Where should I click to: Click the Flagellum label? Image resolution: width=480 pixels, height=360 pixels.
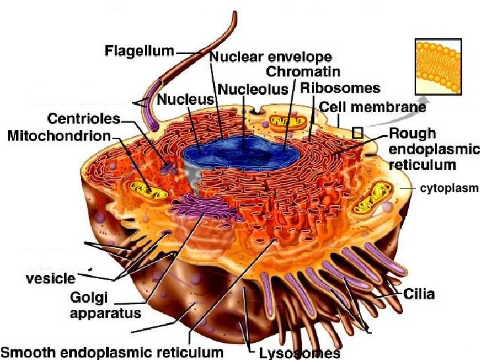(x=140, y=51)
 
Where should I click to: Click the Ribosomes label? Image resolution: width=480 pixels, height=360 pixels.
(x=340, y=88)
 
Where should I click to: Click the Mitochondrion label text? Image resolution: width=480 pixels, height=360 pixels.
(x=59, y=135)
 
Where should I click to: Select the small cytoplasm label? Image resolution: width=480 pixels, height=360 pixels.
(x=448, y=188)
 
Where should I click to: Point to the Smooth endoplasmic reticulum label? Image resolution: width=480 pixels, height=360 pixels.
(x=113, y=352)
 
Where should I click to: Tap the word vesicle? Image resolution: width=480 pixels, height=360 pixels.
(x=49, y=278)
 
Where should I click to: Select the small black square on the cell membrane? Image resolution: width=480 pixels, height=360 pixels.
(x=357, y=133)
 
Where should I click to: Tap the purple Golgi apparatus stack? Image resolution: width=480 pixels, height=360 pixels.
(x=204, y=208)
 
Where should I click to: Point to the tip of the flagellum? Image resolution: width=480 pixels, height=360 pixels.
(x=233, y=13)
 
